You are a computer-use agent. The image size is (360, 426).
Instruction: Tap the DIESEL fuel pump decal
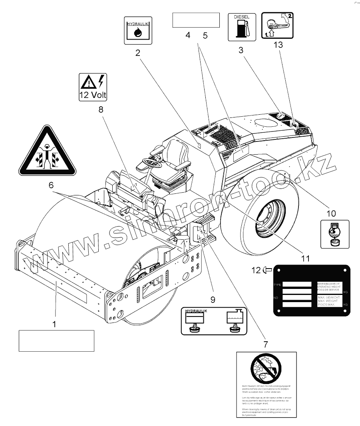coord(242,27)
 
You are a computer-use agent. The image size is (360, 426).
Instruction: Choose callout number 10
coord(332,213)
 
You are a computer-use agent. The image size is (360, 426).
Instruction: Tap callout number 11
coord(305,259)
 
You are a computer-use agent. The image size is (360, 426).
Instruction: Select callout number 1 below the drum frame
coord(55,324)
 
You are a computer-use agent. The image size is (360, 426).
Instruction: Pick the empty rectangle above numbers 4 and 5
coord(196,20)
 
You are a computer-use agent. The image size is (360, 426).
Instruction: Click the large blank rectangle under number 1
coord(56,340)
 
